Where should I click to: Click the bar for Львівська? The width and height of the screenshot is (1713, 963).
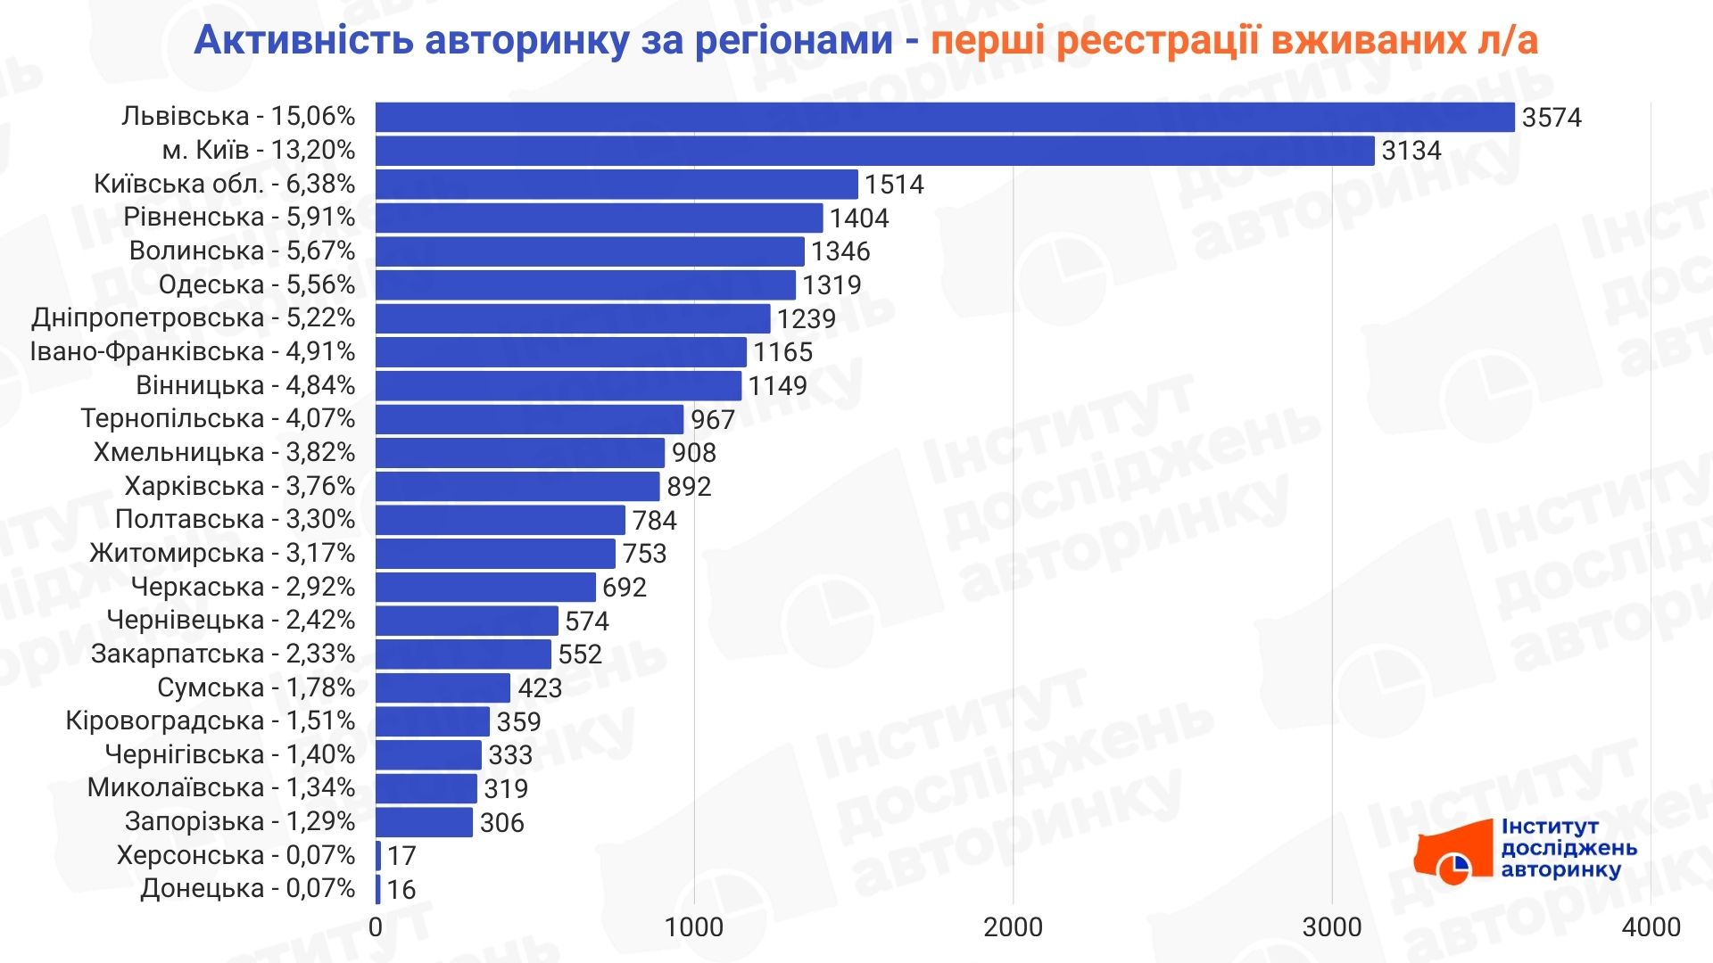tap(944, 117)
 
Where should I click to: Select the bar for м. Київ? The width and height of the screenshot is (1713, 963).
tap(874, 151)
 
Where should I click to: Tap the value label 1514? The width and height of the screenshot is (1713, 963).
tap(894, 185)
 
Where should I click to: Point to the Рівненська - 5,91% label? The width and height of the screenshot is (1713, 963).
tap(239, 217)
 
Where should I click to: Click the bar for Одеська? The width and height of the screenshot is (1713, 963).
tap(585, 285)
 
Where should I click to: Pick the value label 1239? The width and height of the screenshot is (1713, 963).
tap(806, 319)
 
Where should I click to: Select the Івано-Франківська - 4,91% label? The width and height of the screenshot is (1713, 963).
tap(193, 351)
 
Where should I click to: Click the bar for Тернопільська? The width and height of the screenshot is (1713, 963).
tap(529, 419)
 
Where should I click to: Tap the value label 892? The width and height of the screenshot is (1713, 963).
tap(689, 487)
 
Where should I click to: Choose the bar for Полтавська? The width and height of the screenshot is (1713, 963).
tap(500, 520)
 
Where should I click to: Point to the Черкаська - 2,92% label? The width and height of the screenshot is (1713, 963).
tap(243, 587)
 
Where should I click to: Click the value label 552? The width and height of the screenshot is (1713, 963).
tap(580, 654)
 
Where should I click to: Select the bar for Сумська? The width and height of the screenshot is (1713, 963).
tap(443, 687)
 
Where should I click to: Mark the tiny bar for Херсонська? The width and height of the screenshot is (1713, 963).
tap(378, 856)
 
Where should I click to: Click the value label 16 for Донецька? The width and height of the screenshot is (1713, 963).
tap(401, 890)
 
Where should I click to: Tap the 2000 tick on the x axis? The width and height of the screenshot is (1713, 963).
tap(1013, 927)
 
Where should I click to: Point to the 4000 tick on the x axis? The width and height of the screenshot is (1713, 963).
tap(1651, 927)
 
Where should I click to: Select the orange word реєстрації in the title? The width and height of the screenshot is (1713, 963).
tap(1158, 40)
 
